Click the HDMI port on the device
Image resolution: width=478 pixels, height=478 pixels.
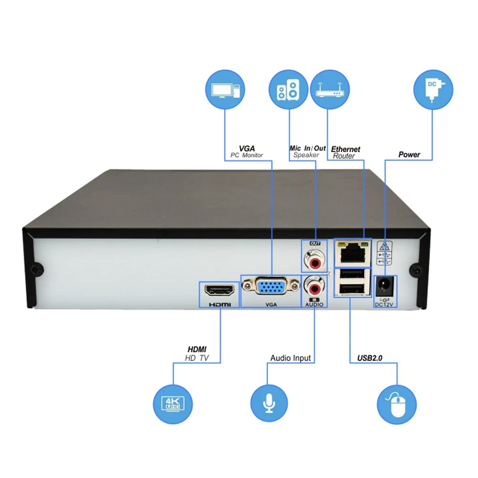[219, 289]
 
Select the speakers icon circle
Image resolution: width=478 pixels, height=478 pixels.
[289, 91]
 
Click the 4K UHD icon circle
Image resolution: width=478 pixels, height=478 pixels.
[172, 402]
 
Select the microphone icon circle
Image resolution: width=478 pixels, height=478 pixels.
[270, 402]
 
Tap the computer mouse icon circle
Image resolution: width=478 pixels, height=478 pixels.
[397, 402]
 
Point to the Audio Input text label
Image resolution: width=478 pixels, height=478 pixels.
[290, 358]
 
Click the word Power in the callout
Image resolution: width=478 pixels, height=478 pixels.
[409, 154]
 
